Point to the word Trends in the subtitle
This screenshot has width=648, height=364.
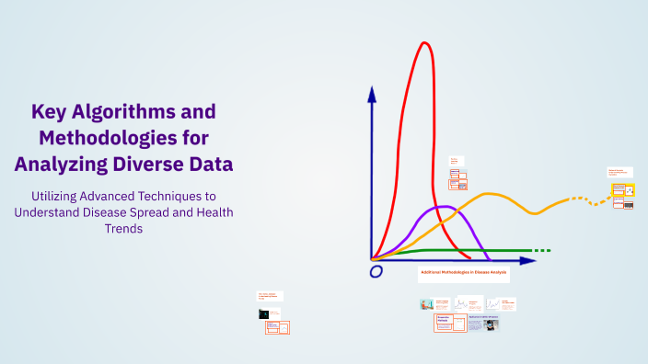[122, 229]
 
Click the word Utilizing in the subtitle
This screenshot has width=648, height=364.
[62, 196]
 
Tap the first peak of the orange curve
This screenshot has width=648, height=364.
[489, 194]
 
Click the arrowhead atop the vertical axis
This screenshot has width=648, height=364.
[372, 93]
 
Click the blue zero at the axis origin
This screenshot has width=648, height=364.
[376, 272]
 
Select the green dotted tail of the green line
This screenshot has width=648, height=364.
[542, 250]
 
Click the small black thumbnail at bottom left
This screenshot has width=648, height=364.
[263, 313]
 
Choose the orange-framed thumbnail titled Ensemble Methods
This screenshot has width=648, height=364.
[449, 323]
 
